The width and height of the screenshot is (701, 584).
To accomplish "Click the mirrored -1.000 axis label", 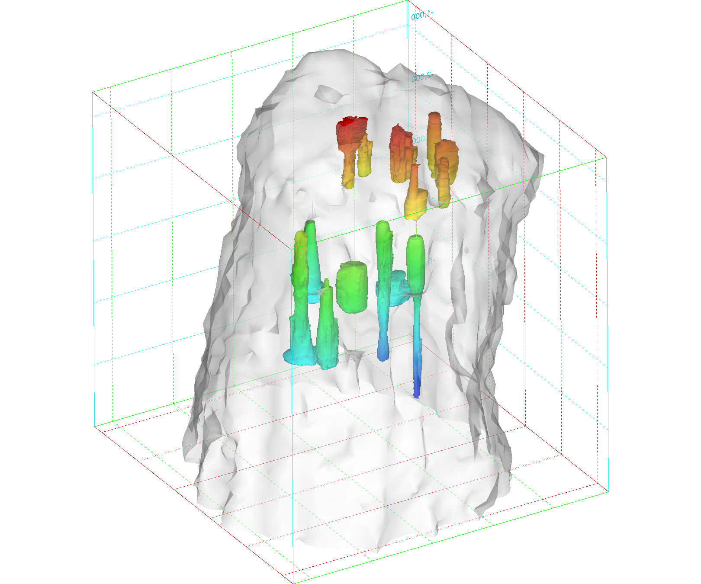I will tap(420, 16).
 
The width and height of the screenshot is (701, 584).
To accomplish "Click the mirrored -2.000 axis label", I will tap(421, 78).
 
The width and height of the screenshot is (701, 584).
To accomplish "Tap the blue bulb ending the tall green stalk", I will tap(383, 353).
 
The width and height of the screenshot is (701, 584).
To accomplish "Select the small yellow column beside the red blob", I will tap(365, 158).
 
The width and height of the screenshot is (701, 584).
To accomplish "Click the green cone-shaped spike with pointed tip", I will tap(327, 324).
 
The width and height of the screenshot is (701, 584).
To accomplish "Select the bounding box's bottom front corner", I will tap(293, 583).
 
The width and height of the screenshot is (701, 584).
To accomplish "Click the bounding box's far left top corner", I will tap(93, 92).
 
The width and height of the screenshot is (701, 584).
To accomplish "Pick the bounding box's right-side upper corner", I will tap(606, 157).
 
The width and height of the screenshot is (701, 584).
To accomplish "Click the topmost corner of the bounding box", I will tap(408, 1).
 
